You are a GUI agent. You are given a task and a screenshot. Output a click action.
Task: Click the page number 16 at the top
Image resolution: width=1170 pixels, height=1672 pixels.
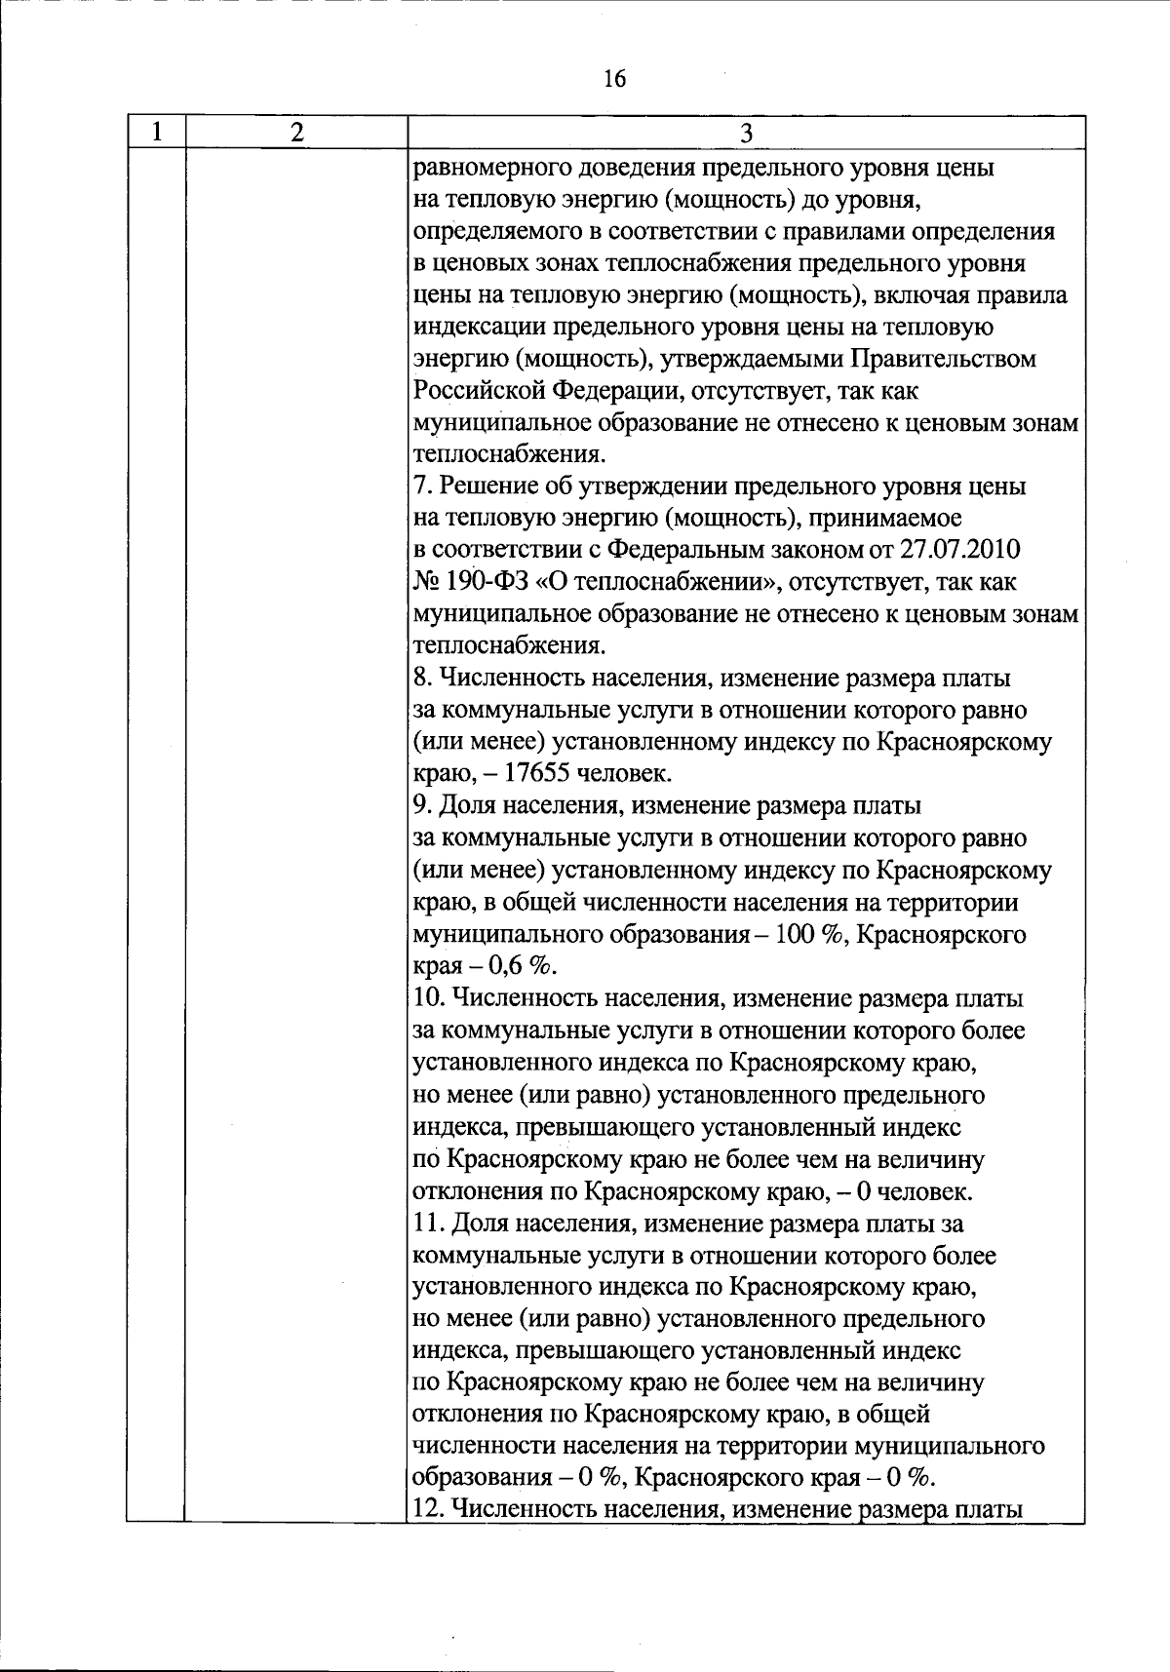614,79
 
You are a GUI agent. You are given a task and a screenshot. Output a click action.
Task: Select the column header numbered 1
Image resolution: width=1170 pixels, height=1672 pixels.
156,133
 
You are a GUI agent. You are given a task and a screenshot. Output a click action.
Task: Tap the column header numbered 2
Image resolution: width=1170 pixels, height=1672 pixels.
296,133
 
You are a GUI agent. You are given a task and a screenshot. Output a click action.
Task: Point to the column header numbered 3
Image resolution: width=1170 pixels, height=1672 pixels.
746,133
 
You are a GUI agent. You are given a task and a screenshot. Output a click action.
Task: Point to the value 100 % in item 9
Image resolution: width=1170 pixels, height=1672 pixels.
808,935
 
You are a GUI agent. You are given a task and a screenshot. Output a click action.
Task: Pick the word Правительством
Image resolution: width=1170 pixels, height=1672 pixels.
945,359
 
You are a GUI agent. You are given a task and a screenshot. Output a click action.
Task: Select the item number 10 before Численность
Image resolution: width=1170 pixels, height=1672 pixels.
428,999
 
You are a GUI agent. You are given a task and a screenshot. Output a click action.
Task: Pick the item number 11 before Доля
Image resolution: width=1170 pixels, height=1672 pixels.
427,1224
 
